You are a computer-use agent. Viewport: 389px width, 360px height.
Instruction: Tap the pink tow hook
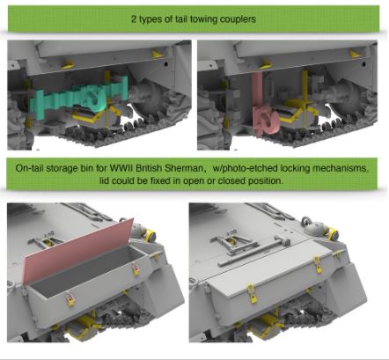coord(266,120)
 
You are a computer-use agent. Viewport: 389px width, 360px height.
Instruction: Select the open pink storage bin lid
coord(77,252)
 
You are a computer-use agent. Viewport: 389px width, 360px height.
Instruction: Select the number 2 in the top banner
coord(134,19)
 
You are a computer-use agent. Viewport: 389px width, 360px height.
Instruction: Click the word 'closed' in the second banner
coord(231,180)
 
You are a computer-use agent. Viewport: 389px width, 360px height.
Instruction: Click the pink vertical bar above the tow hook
coord(257,90)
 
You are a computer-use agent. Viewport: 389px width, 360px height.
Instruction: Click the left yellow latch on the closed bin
coord(251,290)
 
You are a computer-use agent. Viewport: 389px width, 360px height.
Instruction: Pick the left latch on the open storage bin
coord(70,298)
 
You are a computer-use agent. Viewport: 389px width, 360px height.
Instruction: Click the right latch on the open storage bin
coord(136,269)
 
